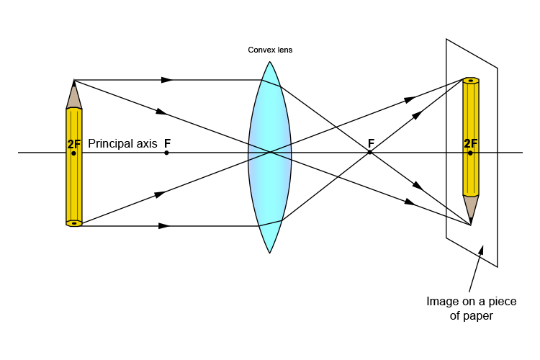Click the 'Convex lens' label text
[x=270, y=50]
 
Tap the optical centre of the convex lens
[x=270, y=153]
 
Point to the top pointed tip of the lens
[x=270, y=63]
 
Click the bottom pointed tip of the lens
[x=270, y=252]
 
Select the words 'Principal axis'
[x=122, y=143]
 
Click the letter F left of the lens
[x=167, y=143]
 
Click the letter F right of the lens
[x=371, y=143]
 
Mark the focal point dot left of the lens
[x=166, y=153]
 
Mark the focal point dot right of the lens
[x=370, y=153]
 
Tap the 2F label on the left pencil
[x=74, y=144]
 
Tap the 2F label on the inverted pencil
[x=471, y=143]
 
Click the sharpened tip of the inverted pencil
[x=471, y=224]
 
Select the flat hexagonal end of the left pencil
[x=74, y=223]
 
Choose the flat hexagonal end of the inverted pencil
[x=471, y=80]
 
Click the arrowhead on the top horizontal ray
[x=167, y=79]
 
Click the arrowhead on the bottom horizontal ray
[x=164, y=226]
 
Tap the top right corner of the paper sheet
[x=498, y=68]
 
